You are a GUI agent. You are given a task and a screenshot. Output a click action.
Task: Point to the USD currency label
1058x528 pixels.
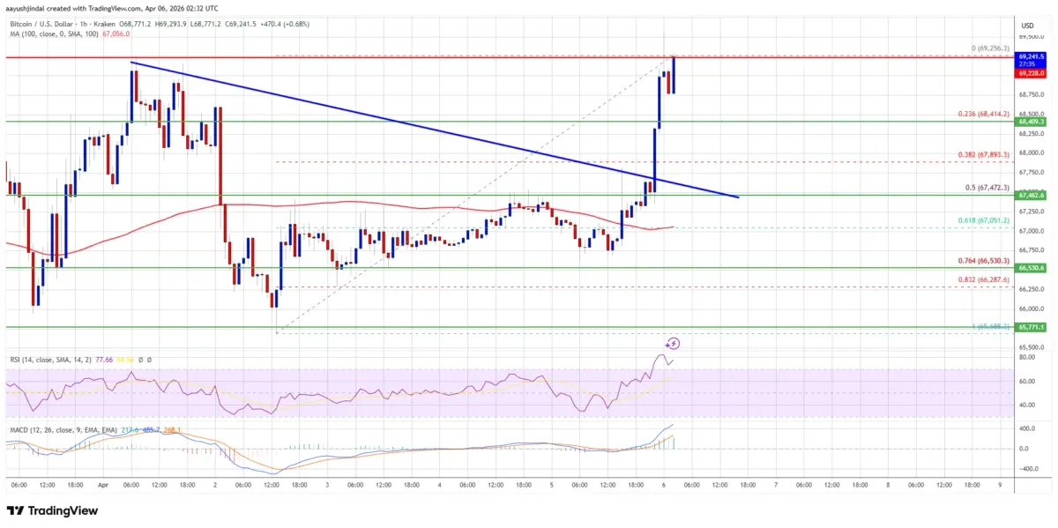click(1028, 26)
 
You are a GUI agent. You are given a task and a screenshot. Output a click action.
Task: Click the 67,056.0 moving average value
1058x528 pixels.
click(117, 33)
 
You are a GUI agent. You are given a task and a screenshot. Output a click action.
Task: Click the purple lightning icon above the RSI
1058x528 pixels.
click(674, 344)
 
